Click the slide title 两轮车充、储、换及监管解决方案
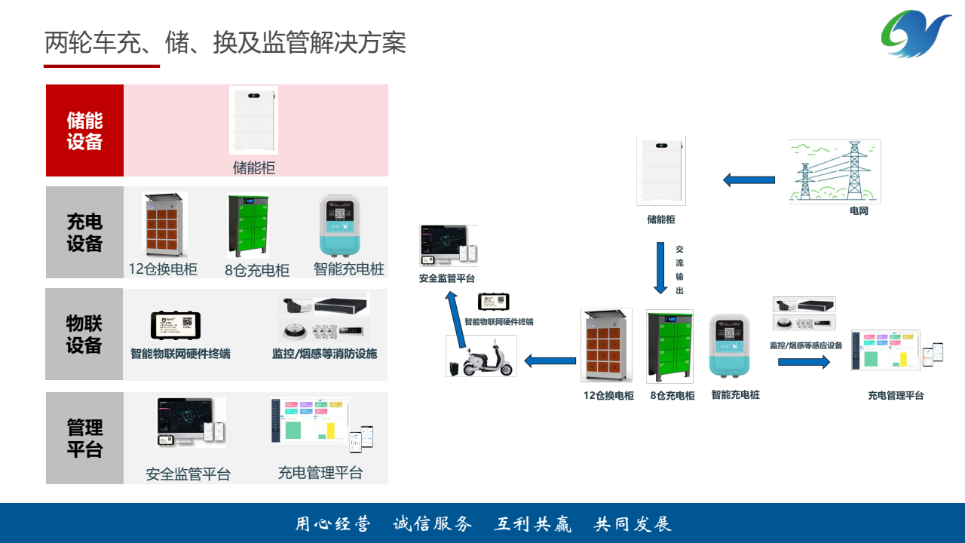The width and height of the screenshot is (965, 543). [x=225, y=43]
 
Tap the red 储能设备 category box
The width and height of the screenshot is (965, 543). [x=84, y=130]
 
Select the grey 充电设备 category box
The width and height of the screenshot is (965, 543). [x=84, y=232]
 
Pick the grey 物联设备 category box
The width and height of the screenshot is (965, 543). [x=84, y=334]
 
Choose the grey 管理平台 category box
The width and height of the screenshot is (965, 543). [x=84, y=438]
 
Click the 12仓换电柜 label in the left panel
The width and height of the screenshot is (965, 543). [x=163, y=269]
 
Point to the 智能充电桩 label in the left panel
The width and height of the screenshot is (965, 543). [x=348, y=269]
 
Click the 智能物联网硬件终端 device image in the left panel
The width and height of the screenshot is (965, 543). [x=176, y=325]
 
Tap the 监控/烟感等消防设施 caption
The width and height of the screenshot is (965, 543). [x=324, y=354]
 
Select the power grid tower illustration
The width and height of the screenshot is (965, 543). [x=835, y=172]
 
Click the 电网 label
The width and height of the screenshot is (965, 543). [x=859, y=211]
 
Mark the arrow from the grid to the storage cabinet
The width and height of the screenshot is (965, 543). [x=749, y=180]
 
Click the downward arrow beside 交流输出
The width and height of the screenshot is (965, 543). [x=660, y=268]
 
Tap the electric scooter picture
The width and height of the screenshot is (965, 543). [x=482, y=357]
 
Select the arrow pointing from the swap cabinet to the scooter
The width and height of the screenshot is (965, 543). [x=550, y=361]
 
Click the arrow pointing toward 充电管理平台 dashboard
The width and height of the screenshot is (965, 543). [x=804, y=362]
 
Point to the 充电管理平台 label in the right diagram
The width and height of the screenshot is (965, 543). [x=896, y=395]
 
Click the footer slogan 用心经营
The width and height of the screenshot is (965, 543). [x=332, y=524]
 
